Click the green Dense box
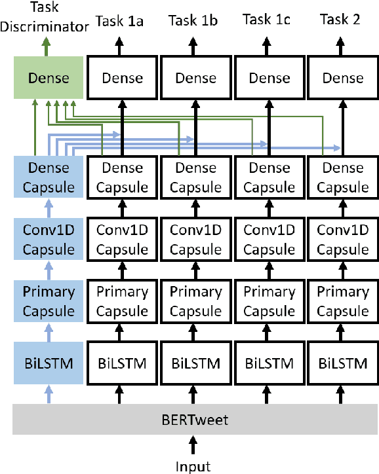(49, 79)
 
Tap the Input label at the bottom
(193, 466)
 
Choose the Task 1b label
(193, 20)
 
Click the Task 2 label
(340, 20)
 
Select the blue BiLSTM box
(49, 361)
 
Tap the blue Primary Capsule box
(49, 301)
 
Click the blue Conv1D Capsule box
(49, 239)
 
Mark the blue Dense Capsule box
(49, 177)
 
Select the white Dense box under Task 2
(343, 79)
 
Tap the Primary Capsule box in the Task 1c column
(269, 301)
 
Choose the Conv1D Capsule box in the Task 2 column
(343, 239)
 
